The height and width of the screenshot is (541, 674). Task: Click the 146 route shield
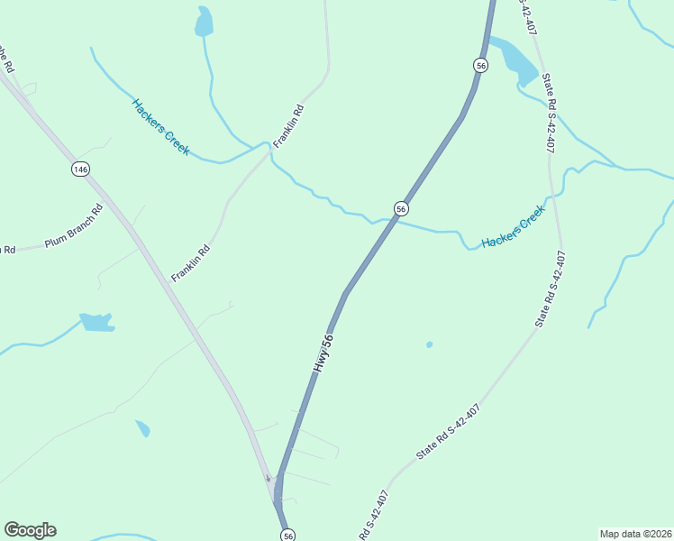click(x=81, y=170)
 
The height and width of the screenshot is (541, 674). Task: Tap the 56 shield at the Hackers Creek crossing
click(x=401, y=208)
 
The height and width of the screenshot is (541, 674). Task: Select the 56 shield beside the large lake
click(x=480, y=65)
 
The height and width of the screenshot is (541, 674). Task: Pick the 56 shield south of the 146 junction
click(x=287, y=535)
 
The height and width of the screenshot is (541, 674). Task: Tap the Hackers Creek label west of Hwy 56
click(x=160, y=126)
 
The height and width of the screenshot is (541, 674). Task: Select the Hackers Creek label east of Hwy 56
click(x=513, y=227)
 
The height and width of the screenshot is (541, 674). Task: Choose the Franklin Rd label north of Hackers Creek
click(x=289, y=126)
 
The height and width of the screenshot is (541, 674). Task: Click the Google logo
click(x=30, y=530)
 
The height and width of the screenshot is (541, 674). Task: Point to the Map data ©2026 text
click(x=635, y=534)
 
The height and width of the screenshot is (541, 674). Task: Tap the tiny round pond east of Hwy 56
click(x=429, y=344)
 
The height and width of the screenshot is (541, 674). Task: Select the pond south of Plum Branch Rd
click(x=96, y=322)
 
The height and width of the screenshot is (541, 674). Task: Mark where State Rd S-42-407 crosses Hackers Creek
click(x=552, y=194)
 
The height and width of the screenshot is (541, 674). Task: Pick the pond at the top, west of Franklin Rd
click(x=205, y=22)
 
